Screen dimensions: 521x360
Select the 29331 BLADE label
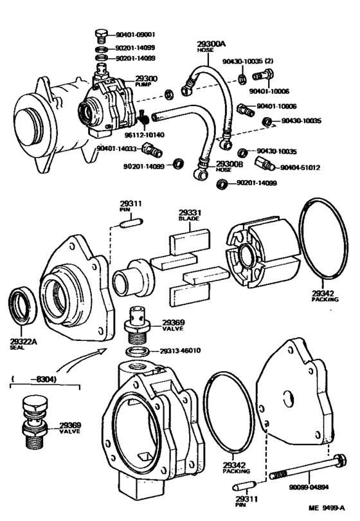[x=189, y=216]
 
